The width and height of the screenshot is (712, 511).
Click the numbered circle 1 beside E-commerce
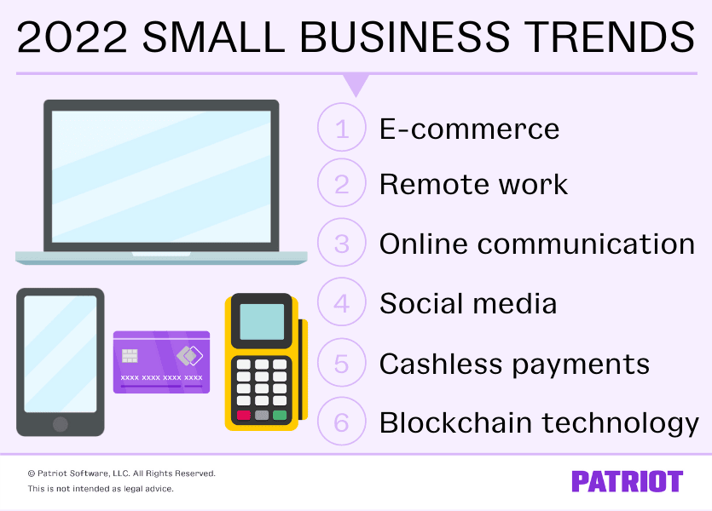(342, 129)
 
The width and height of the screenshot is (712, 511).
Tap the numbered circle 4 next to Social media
(342, 303)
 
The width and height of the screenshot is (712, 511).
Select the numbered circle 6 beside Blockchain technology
(342, 422)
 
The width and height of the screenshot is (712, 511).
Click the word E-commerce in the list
(469, 129)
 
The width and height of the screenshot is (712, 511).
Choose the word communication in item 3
(586, 244)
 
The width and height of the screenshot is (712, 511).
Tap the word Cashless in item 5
(441, 364)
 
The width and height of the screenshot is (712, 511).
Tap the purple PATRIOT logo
(627, 481)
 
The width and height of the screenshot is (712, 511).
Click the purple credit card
(162, 362)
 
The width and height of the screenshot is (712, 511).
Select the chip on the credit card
(130, 355)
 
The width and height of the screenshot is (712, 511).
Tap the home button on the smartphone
(60, 423)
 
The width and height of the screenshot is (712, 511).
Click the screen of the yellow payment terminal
(262, 321)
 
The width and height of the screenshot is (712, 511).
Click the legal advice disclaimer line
(101, 489)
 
